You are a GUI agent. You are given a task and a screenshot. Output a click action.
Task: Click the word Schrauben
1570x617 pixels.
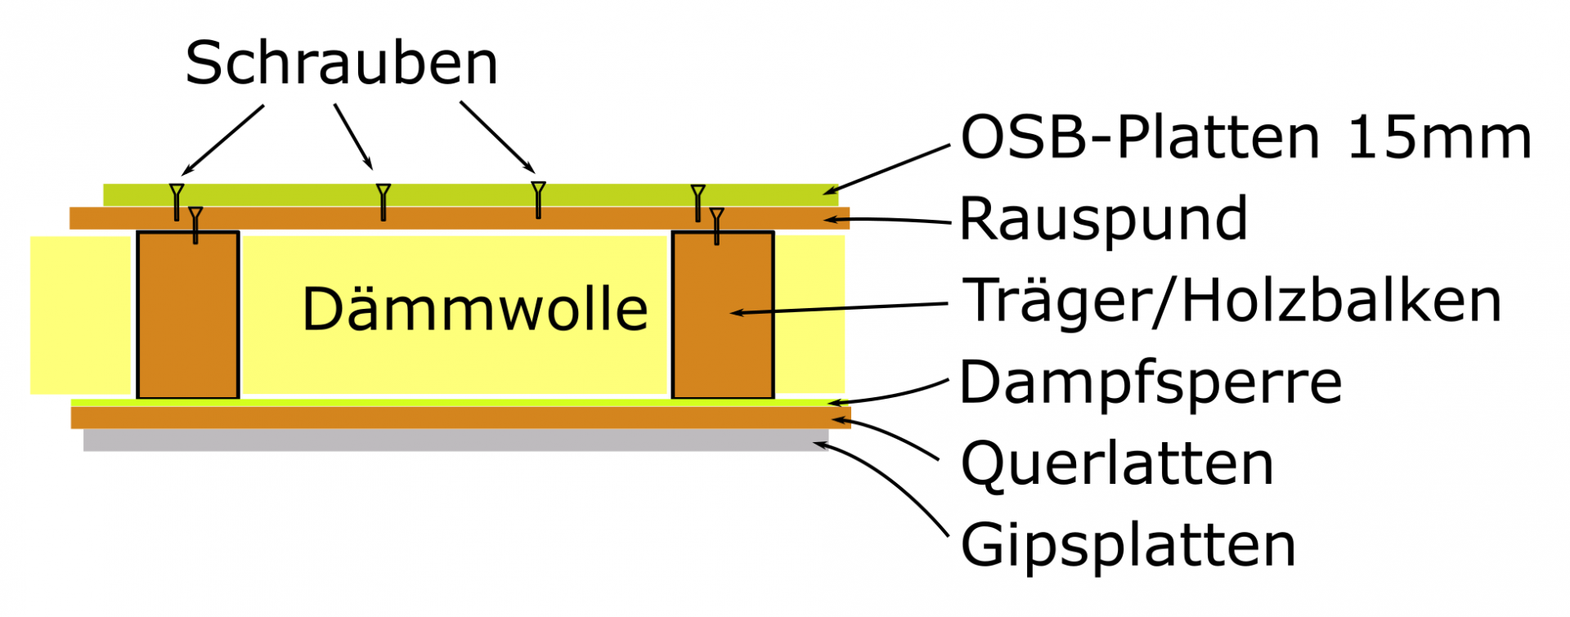pyautogui.click(x=341, y=64)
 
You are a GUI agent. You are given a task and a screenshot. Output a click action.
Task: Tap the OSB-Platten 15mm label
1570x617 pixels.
pyautogui.click(x=1245, y=137)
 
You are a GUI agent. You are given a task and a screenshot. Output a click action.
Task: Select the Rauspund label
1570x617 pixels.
pyautogui.click(x=1103, y=219)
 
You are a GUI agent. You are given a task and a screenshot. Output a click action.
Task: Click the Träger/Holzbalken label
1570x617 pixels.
pyautogui.click(x=1232, y=301)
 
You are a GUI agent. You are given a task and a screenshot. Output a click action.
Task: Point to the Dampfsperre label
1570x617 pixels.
pyautogui.click(x=1151, y=382)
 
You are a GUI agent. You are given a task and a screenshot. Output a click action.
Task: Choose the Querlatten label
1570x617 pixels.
pyautogui.click(x=1117, y=464)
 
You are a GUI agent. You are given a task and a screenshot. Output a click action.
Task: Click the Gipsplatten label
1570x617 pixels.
pyautogui.click(x=1128, y=545)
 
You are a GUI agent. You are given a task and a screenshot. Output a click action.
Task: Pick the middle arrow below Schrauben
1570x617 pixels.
pyautogui.click(x=353, y=136)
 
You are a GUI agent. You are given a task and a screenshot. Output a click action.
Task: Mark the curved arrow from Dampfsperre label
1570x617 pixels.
pyautogui.click(x=891, y=396)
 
